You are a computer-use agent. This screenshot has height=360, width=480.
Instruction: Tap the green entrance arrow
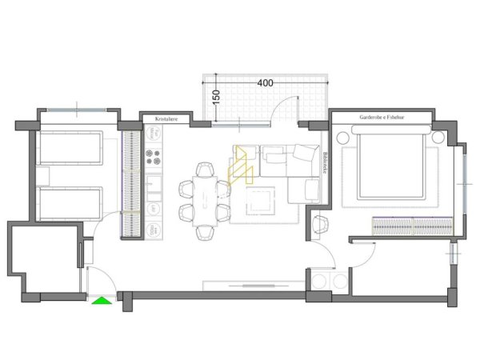tap(101, 300)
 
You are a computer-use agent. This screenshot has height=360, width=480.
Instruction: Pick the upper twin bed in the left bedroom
tap(70, 149)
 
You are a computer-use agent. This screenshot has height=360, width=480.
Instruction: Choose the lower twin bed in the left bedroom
tap(70, 204)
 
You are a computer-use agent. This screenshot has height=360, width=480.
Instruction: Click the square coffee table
tap(261, 202)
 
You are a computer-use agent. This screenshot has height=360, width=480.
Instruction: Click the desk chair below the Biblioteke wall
tap(322, 226)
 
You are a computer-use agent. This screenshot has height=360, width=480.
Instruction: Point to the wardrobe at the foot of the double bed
tap(410, 227)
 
